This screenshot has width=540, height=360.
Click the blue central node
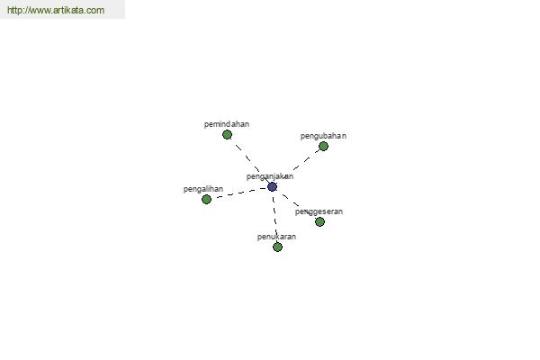[272, 186]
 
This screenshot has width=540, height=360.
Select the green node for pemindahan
[227, 135]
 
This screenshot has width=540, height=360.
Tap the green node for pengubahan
[323, 147]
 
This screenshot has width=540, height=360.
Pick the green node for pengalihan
[206, 199]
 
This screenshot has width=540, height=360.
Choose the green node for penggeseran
[319, 222]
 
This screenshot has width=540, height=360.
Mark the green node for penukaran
[277, 247]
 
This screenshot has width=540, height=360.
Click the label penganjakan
[270, 176]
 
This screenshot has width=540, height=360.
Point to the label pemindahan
[227, 124]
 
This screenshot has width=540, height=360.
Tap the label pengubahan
[323, 136]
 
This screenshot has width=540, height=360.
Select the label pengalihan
[203, 189]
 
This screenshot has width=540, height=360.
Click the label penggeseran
[319, 211]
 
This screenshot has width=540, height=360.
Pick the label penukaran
[276, 237]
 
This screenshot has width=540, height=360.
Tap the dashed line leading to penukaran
[274, 217]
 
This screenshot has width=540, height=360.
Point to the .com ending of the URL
[94, 10]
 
